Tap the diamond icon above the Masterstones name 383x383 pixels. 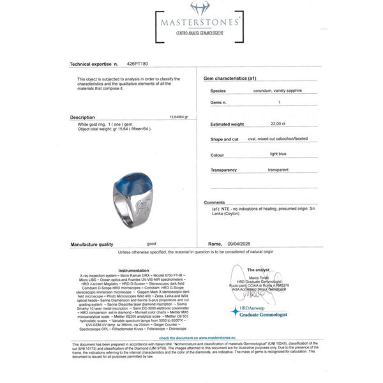coord(199,8)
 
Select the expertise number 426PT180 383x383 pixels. coord(137,64)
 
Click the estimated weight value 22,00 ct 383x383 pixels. coord(276,123)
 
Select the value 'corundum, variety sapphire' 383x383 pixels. coord(277,91)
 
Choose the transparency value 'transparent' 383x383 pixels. coord(280,170)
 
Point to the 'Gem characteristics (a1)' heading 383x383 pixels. coord(229,78)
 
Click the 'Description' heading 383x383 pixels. coord(82,117)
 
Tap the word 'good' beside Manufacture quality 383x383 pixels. coord(151,244)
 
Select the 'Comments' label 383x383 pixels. coord(214,202)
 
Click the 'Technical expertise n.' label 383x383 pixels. coord(94,64)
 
